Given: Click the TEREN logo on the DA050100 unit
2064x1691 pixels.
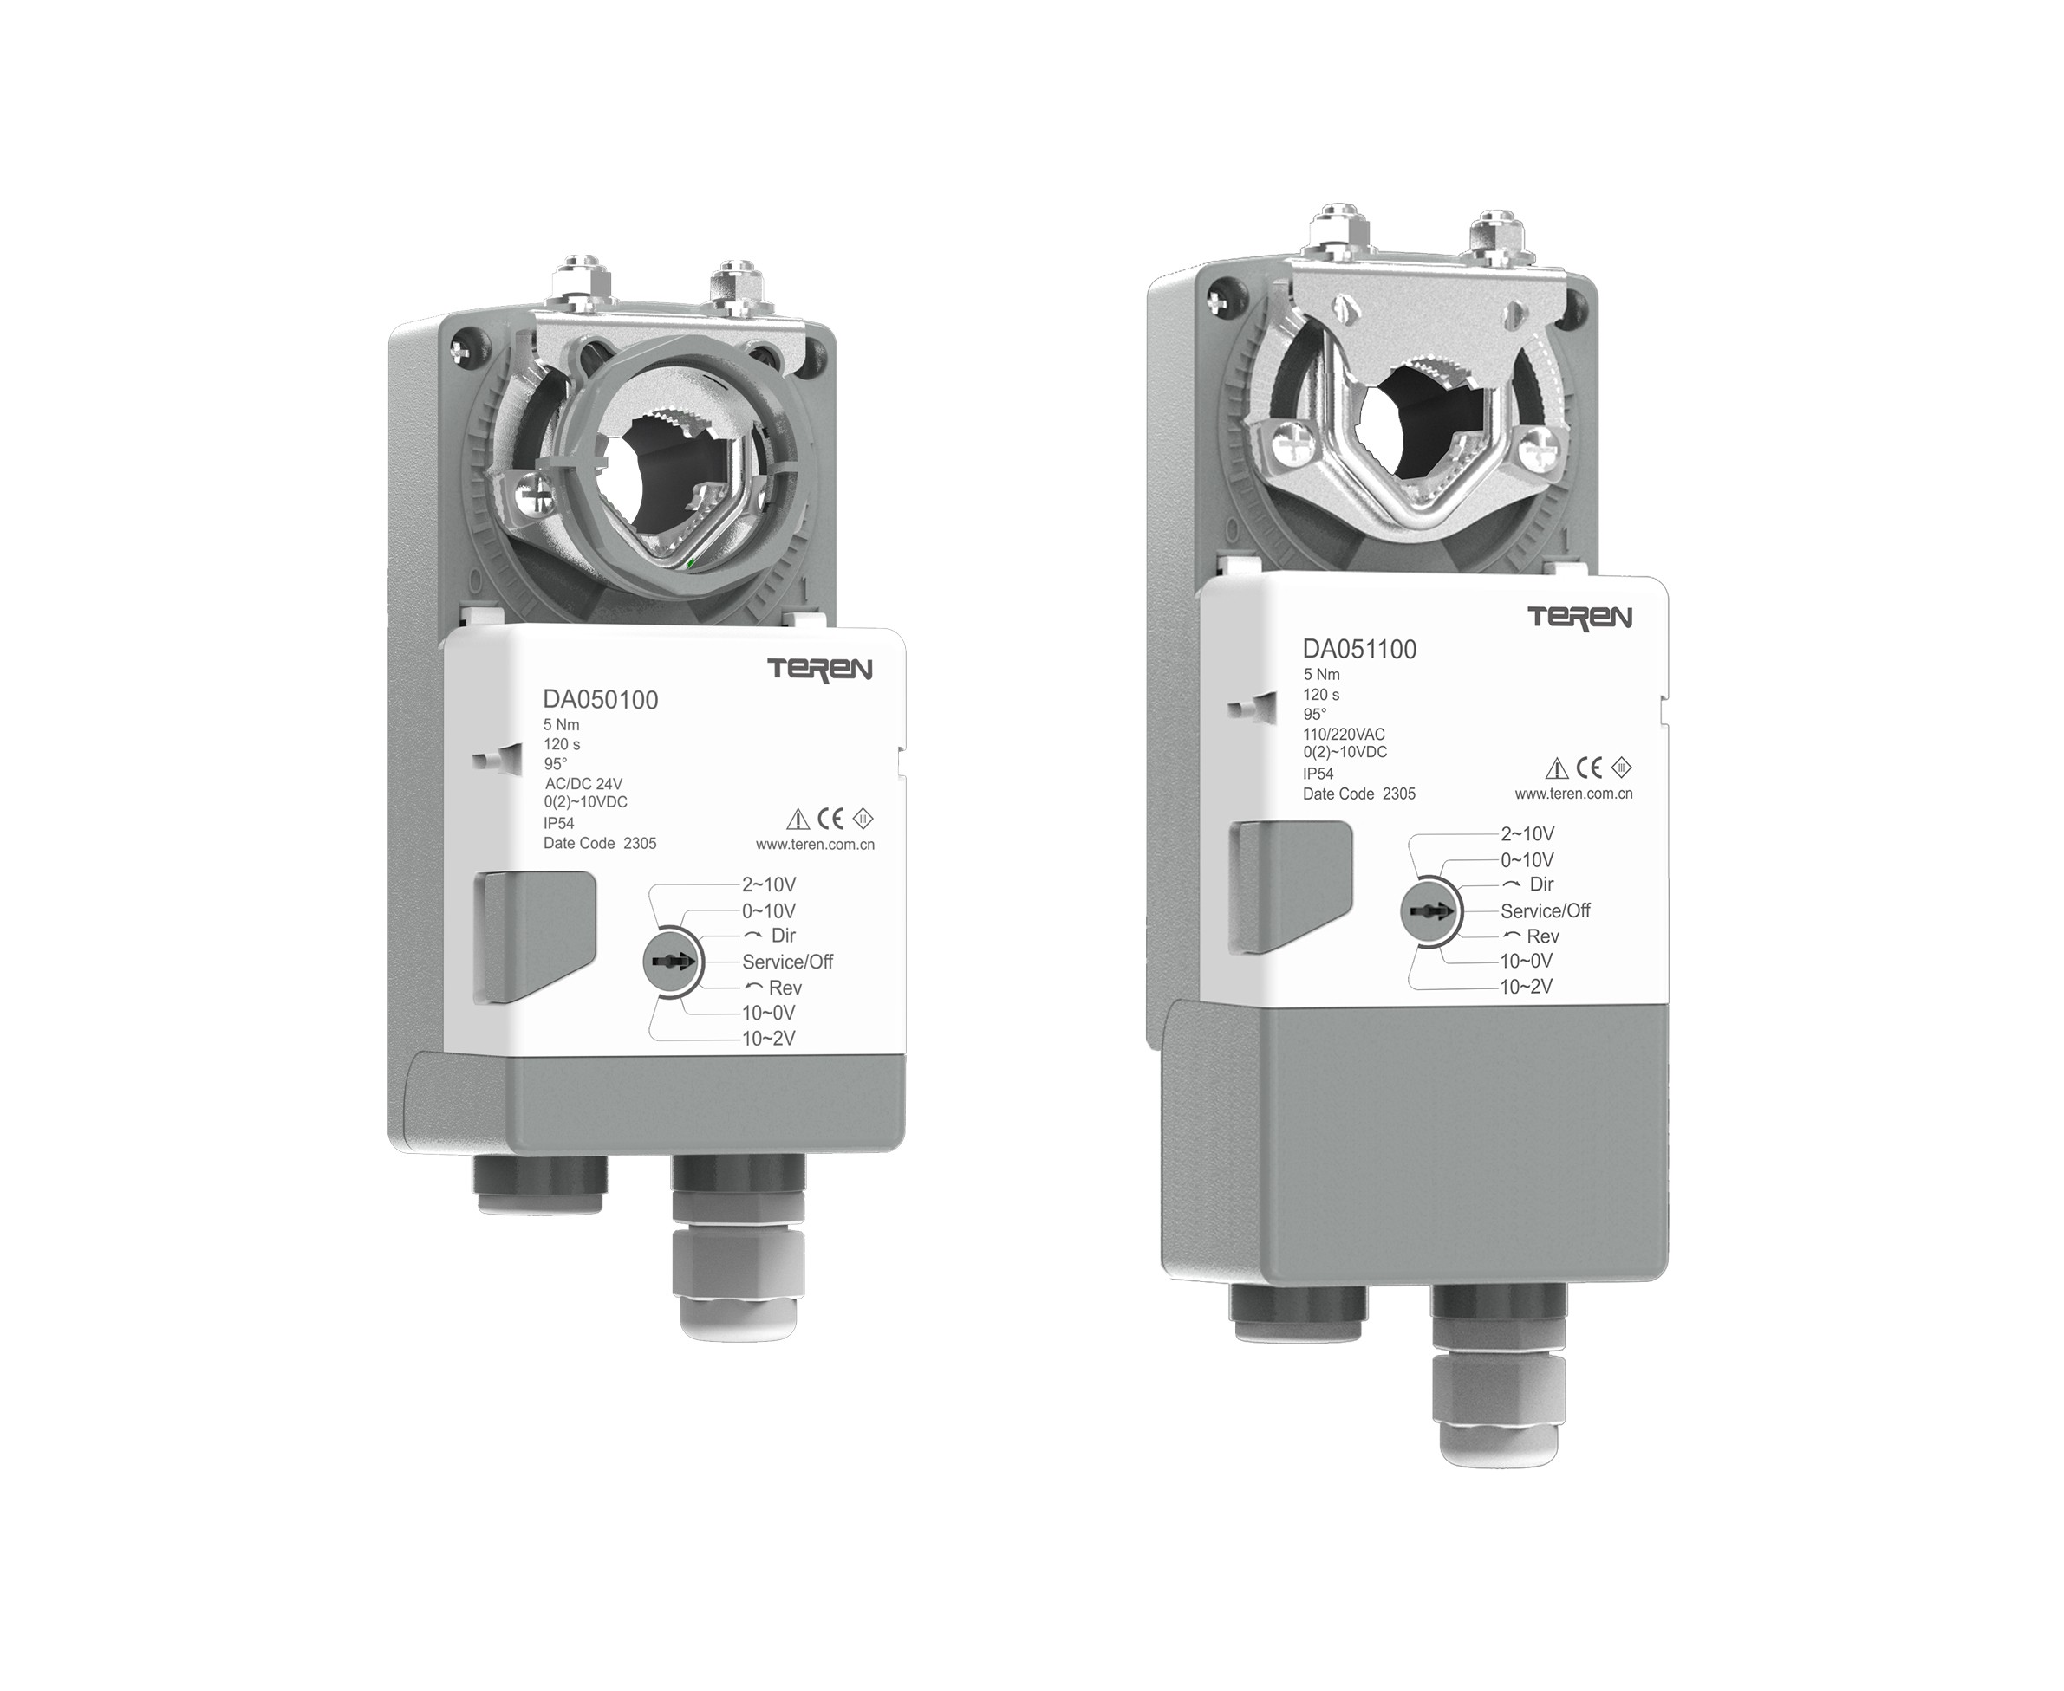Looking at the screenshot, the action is tap(819, 669).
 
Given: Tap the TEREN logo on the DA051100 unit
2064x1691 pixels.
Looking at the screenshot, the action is tap(1579, 618).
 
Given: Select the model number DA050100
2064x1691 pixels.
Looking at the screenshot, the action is tap(600, 699).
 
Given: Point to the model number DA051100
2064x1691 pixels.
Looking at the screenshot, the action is tap(1359, 649).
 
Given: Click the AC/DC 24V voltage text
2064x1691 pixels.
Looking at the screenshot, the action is tap(583, 783).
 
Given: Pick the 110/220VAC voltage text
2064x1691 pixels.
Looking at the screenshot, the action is tap(1344, 734).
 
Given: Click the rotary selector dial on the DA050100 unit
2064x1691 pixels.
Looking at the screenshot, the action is tap(670, 962).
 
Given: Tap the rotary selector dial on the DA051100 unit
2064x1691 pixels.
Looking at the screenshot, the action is tap(1429, 911).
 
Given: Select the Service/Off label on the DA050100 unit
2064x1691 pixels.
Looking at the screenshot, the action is tap(787, 962).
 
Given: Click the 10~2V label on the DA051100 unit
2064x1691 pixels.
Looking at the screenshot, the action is tap(1526, 987).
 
